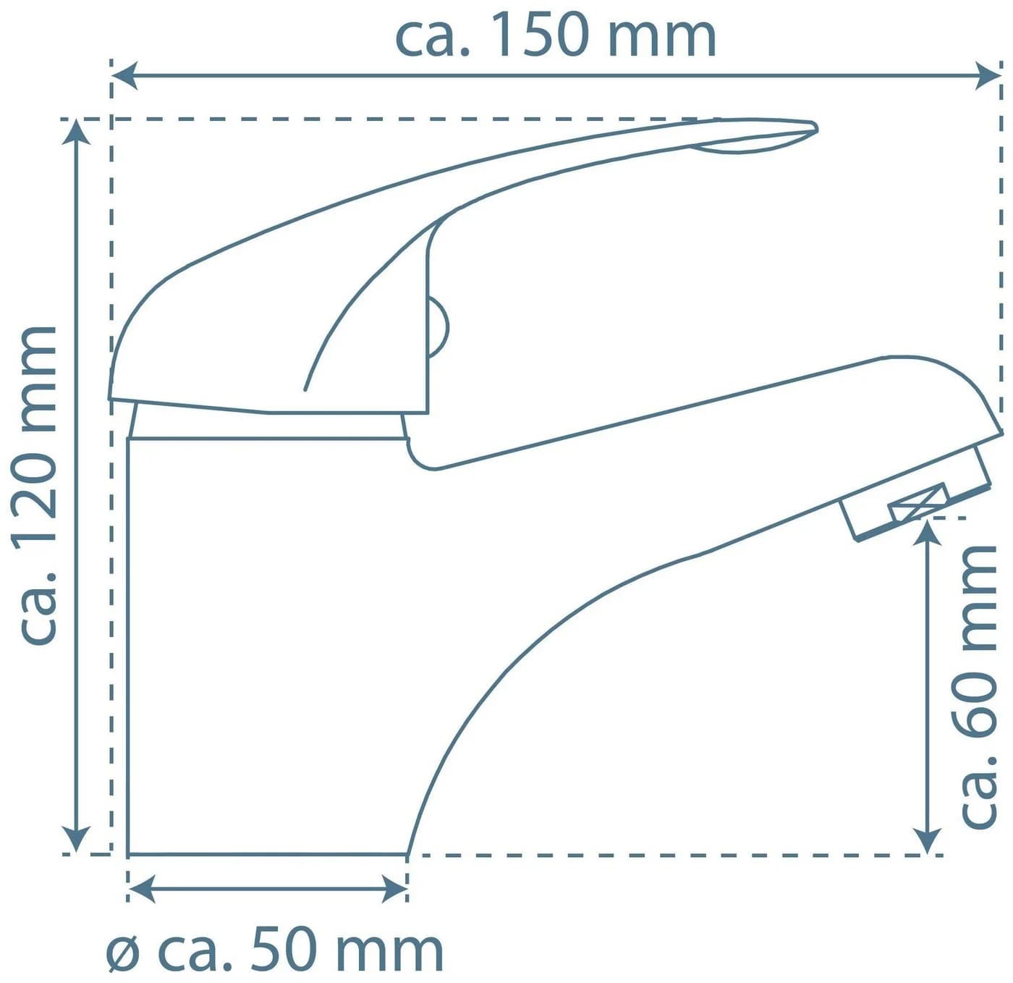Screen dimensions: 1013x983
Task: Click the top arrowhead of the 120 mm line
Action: [77, 131]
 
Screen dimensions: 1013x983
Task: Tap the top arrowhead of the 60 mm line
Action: [926, 531]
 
